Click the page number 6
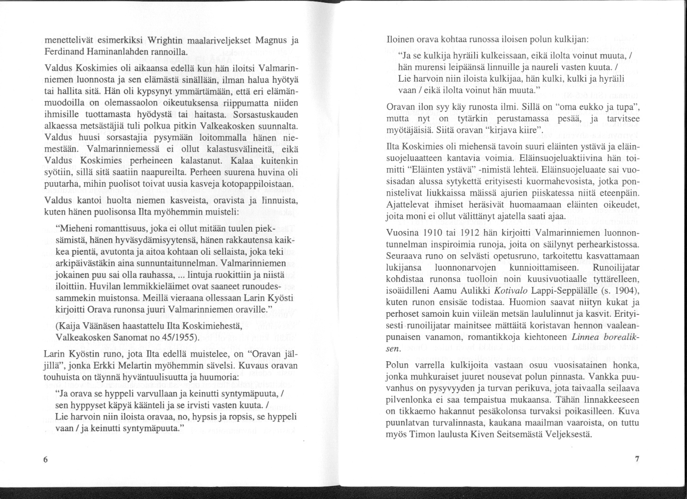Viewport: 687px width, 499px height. pyautogui.click(x=45, y=460)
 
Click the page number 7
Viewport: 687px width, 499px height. pyautogui.click(x=637, y=459)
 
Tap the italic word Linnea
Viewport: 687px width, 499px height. pyautogui.click(x=586, y=339)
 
